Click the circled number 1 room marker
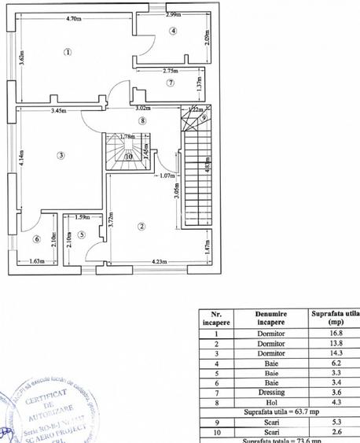coord(68,53)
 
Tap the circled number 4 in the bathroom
coord(173,31)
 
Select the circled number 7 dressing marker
coord(171,85)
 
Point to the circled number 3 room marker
coord(61,155)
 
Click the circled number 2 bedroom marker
coord(141,227)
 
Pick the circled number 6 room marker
coord(36,238)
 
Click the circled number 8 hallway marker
coord(142,120)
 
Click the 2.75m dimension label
coord(173,72)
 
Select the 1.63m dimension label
coord(35,261)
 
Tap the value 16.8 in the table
coord(334,333)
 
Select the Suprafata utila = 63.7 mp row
coord(279,411)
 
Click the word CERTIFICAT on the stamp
coord(50,403)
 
